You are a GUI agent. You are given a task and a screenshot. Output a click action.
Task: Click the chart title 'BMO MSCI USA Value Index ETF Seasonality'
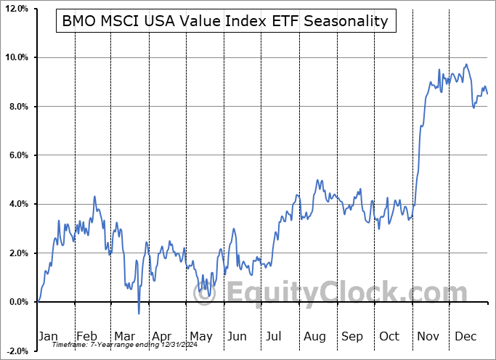pos(225,22)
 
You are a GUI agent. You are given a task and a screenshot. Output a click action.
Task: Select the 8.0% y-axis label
pos(17,107)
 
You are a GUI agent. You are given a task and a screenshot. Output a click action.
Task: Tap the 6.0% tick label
pos(17,155)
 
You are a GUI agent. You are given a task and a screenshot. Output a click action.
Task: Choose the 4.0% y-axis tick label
pos(17,204)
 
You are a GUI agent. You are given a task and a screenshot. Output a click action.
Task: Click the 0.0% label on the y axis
pos(17,302)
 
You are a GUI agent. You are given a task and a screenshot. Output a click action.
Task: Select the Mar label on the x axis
pos(125,336)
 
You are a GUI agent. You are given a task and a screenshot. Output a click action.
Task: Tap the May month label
pos(200,336)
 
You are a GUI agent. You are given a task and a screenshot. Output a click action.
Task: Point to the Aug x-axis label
pos(314,336)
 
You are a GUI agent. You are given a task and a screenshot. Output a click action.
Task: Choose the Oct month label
pos(389,336)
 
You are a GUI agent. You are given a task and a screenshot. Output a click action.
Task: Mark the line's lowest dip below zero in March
pos(139,314)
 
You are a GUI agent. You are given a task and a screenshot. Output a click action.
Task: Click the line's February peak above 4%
pos(94,196)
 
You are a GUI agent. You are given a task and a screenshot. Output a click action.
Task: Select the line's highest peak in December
pos(466,65)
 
